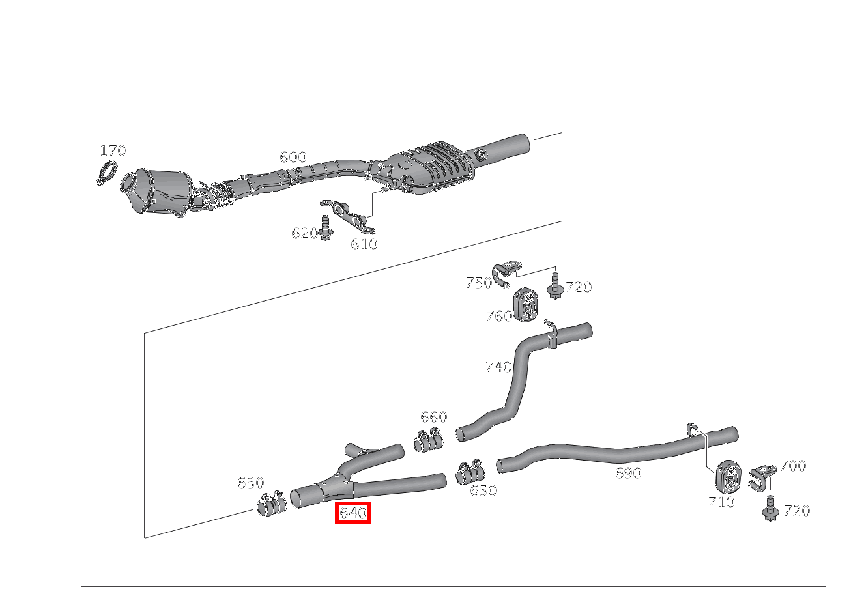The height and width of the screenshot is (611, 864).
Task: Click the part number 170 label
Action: [113, 150]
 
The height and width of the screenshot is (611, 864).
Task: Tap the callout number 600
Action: [293, 157]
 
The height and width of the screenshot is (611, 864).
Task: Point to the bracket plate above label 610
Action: [349, 217]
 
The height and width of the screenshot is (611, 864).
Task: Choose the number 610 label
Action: [364, 244]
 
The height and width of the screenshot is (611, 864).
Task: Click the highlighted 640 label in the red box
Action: [353, 513]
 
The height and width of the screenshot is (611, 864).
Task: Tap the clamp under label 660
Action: [427, 440]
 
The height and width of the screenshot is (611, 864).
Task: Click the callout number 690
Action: [628, 473]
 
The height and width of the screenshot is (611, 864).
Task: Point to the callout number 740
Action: [498, 367]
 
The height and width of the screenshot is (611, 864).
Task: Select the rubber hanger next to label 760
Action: [526, 304]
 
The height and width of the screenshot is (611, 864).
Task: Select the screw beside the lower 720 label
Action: [771, 509]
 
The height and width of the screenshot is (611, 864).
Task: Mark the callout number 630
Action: [251, 483]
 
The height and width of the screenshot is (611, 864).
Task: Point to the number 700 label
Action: [793, 466]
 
